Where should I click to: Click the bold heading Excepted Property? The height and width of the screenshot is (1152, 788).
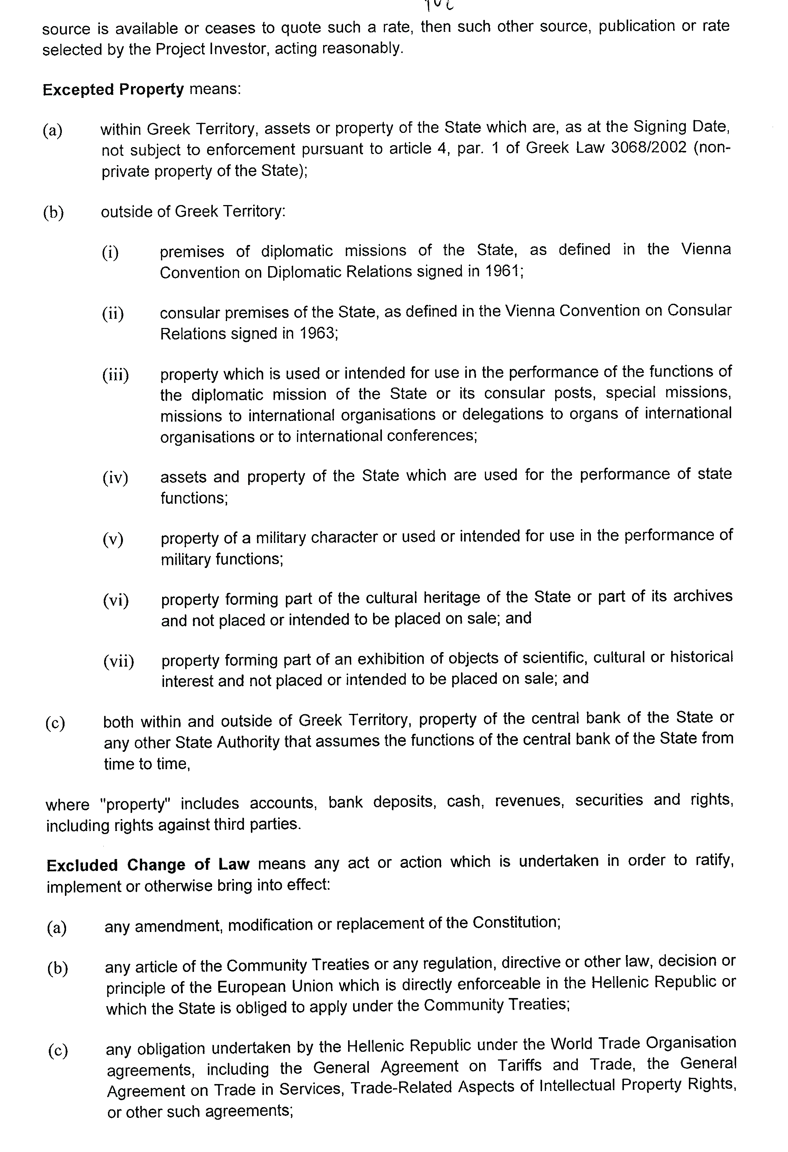click(x=113, y=90)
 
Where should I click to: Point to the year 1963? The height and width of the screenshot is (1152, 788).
click(x=316, y=333)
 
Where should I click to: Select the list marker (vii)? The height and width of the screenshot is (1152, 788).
click(x=118, y=661)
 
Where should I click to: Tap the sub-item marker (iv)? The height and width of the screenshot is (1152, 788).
click(x=115, y=478)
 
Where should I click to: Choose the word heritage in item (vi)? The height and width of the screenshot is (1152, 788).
click(x=452, y=598)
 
